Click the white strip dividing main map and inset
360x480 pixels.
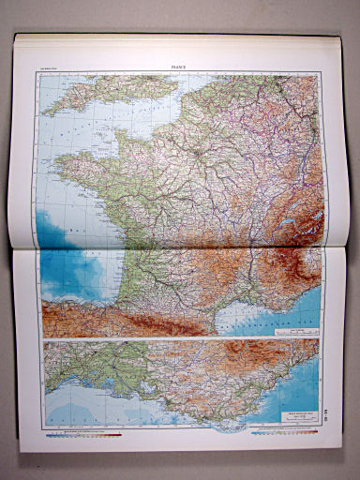coord(178,340)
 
